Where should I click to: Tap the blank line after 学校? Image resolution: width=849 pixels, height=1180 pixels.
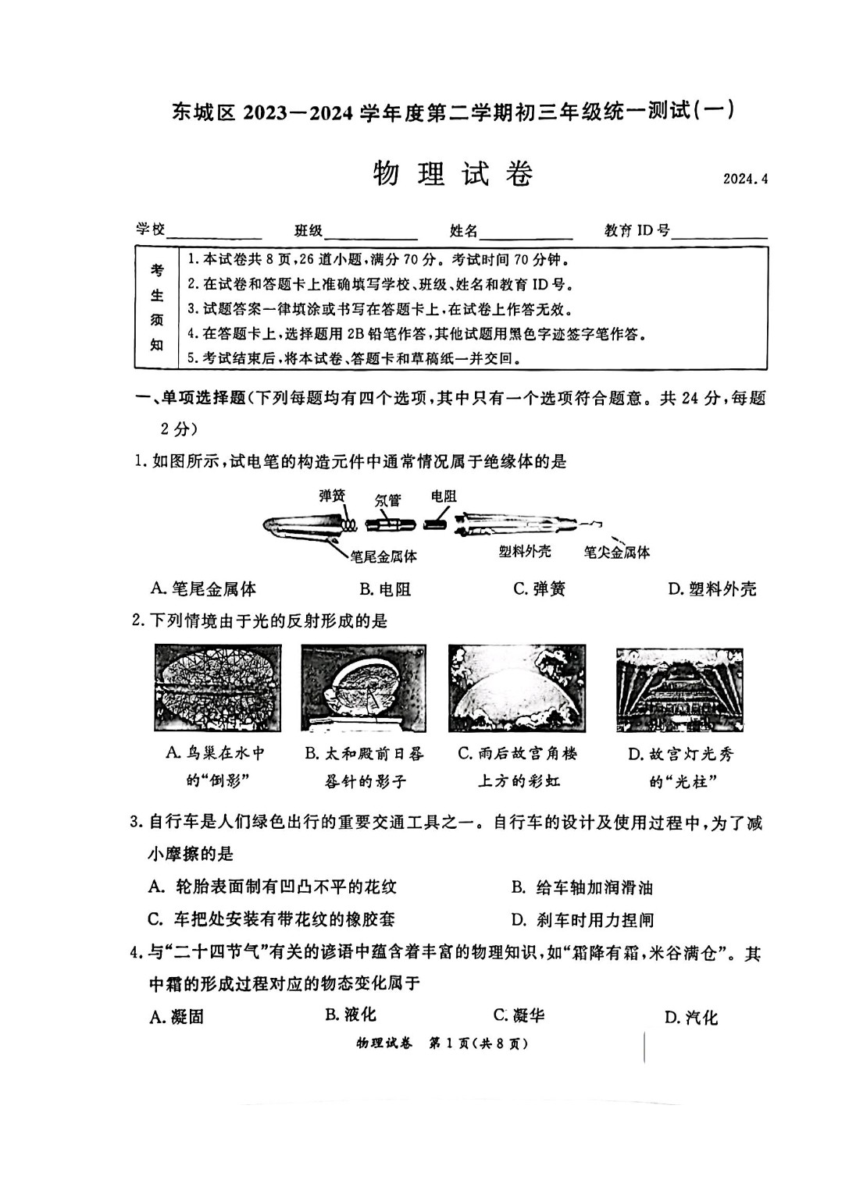tap(214, 233)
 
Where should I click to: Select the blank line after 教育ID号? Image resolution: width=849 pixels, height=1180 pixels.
tap(719, 233)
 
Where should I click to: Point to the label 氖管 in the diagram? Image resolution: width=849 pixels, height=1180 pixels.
tap(387, 499)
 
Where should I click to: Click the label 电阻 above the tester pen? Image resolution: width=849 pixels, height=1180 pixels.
tap(443, 496)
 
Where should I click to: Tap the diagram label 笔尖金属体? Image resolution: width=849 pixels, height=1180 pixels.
tap(616, 553)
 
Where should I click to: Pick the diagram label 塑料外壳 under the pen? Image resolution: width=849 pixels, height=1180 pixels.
tap(525, 551)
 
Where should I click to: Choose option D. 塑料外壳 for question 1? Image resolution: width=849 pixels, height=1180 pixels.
tap(712, 589)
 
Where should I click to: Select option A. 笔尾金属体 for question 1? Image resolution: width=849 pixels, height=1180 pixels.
tap(204, 589)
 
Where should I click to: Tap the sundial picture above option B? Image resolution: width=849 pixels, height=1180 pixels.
tap(363, 688)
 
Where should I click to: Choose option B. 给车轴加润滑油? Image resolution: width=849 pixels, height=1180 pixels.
tap(582, 887)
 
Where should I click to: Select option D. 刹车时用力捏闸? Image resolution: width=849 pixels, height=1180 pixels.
tap(582, 920)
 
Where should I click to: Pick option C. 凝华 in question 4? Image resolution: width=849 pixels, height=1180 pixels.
tap(519, 1015)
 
